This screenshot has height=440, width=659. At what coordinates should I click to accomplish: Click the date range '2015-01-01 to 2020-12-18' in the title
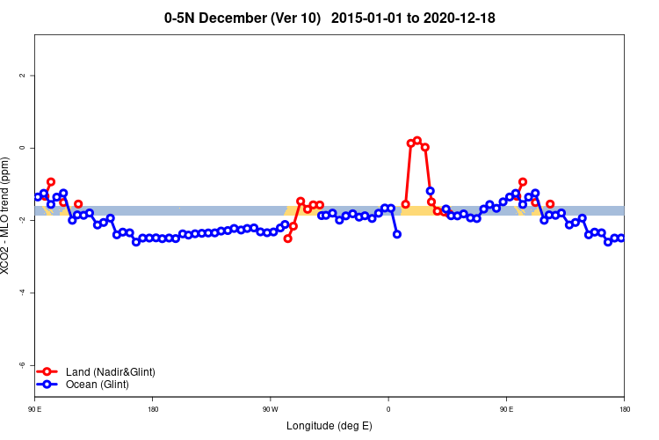[x=419, y=18]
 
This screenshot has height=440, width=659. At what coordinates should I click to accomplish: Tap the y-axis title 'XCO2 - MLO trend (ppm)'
[x=6, y=216]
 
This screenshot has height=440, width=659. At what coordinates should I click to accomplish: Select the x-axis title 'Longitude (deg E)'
[x=329, y=426]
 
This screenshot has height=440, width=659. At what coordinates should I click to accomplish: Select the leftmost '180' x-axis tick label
[x=153, y=409]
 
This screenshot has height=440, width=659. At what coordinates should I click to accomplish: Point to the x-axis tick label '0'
[x=388, y=409]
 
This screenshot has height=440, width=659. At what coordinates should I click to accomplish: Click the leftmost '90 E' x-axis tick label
[x=35, y=409]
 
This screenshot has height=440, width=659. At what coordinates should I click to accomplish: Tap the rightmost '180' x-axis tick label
[x=624, y=409]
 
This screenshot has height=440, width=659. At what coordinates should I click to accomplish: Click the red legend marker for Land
[x=49, y=372]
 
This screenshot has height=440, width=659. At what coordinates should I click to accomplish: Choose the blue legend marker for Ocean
[x=49, y=385]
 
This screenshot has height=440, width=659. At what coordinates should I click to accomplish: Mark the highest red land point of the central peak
[x=417, y=140]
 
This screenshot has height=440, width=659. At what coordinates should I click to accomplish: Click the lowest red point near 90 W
[x=287, y=238]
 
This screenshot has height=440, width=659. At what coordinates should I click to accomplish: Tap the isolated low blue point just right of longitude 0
[x=397, y=234]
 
